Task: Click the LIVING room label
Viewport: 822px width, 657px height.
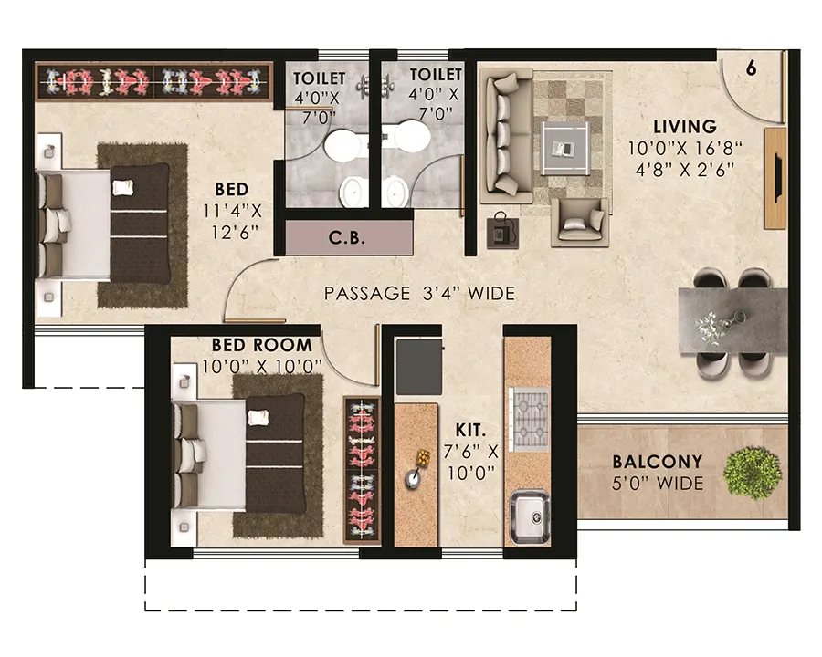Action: tap(685, 127)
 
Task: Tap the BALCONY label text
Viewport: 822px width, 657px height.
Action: tap(658, 462)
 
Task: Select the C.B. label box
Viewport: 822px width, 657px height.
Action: tap(349, 237)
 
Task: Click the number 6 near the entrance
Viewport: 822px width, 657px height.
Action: tap(752, 68)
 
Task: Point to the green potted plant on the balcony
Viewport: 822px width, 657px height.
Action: tap(753, 473)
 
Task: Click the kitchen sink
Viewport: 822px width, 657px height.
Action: tap(530, 517)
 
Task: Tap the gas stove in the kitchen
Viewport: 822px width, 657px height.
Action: tap(530, 419)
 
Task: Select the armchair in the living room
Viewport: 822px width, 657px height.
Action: tap(580, 222)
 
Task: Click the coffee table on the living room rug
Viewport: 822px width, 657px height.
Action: tap(565, 148)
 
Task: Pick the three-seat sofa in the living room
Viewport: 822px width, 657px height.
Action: tap(506, 138)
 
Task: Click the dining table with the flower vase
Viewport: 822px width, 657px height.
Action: tap(732, 320)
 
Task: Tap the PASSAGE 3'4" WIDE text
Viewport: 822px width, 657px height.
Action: tap(419, 294)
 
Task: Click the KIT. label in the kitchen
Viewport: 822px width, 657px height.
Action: tap(470, 431)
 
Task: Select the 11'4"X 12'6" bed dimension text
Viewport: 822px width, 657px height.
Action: tap(232, 222)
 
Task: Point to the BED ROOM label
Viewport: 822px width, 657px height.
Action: tap(261, 345)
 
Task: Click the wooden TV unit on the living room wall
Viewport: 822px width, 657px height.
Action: tap(775, 178)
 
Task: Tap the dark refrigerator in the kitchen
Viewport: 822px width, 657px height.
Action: tap(419, 367)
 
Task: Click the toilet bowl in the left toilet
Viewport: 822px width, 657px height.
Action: tap(342, 145)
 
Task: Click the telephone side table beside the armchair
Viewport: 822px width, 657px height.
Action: tap(502, 232)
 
